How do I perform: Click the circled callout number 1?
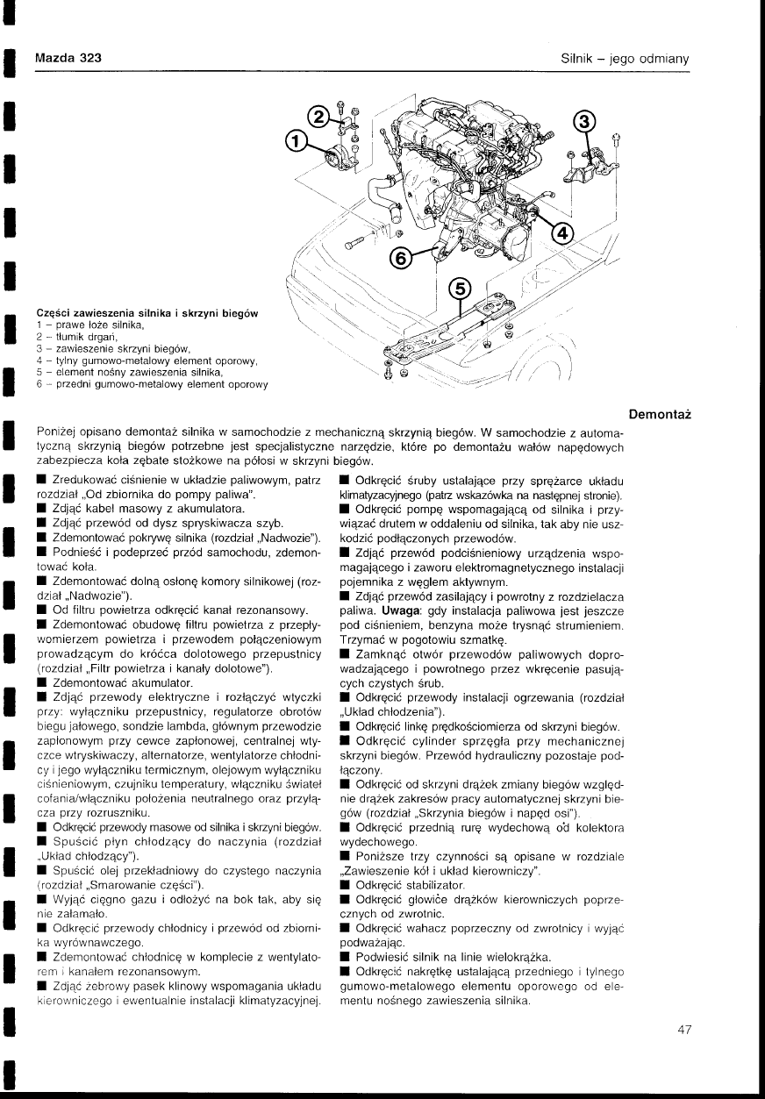tap(298, 140)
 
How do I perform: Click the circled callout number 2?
tap(321, 118)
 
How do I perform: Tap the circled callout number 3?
tap(584, 121)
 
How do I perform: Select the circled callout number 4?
tap(562, 234)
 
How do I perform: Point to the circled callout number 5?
tap(459, 289)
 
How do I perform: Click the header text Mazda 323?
tap(68, 58)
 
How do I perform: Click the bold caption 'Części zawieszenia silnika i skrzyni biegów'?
tap(152, 313)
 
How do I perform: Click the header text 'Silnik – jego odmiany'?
tap(626, 59)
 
